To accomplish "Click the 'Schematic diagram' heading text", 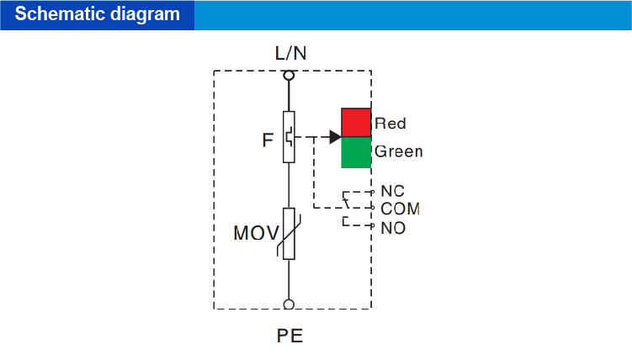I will pos(98,14).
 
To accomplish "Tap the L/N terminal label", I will pos(291,53).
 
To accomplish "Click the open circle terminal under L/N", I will pos(289,75).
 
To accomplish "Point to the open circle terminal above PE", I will pos(289,304).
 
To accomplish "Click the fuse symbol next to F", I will pos(289,136).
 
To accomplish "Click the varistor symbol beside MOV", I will pos(289,234).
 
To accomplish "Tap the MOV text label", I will pos(256,232).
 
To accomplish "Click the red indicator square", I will pos(356,122).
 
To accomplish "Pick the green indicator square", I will pos(356,152).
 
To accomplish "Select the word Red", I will pos(390,124).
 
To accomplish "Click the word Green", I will pos(398,152).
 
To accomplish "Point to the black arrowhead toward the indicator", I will pos(335,136).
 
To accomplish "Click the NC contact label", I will pos(392,192).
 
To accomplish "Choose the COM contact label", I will pos(400,209).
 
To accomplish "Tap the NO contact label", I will pos(392,227).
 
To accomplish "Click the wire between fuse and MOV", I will pos(289,185).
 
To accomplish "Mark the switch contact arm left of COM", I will pos(346,200).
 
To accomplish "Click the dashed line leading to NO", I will pos(357,225).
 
